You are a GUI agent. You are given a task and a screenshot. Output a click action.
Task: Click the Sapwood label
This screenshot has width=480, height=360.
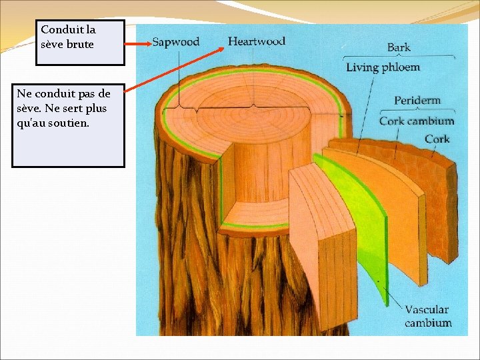175,41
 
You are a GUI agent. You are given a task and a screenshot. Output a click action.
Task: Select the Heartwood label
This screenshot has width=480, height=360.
256,41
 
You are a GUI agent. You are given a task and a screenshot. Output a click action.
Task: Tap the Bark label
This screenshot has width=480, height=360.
399,48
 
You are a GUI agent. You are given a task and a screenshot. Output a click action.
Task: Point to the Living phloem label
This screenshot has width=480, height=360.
383,67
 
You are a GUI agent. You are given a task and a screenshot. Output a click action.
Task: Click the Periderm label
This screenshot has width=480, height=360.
417,101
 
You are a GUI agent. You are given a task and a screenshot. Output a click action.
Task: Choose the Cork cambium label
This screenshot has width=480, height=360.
416,121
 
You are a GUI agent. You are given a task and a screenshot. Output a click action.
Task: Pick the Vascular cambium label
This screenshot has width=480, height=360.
427,316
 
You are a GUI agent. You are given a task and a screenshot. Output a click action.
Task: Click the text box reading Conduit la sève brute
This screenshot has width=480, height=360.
80,43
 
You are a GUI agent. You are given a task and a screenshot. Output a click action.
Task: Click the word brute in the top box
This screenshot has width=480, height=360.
80,44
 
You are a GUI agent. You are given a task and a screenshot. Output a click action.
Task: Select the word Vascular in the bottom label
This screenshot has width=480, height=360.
427,310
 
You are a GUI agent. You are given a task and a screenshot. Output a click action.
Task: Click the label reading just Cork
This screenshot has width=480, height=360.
437,139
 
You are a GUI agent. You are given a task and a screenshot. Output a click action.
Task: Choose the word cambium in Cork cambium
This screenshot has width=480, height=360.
430,121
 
